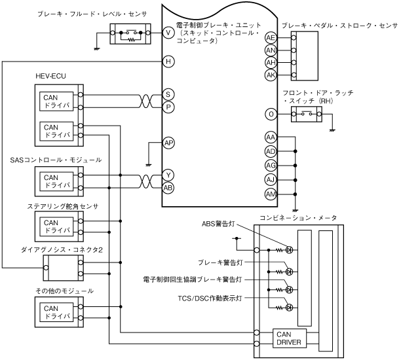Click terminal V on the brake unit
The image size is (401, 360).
(168, 31)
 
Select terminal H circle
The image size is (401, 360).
(168, 62)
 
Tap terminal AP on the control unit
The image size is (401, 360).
(168, 143)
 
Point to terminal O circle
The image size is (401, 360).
(271, 114)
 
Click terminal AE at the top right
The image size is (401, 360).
(271, 38)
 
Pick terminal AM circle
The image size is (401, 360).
(271, 195)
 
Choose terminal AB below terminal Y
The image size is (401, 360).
(168, 187)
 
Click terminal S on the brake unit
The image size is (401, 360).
(168, 95)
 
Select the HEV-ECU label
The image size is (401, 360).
(50, 77)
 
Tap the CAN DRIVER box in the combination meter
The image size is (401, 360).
(287, 338)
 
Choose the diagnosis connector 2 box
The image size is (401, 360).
(60, 266)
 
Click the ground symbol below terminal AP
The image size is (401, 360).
(149, 166)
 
